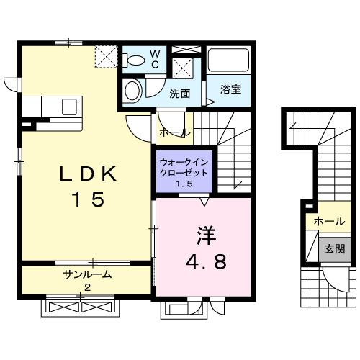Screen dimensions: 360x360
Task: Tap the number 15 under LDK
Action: click(x=89, y=199)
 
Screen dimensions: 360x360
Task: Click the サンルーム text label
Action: click(x=87, y=274)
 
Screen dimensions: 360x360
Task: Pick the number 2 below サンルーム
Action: click(x=87, y=287)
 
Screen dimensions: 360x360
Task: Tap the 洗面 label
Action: click(x=180, y=94)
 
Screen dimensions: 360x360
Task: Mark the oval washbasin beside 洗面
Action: click(x=132, y=91)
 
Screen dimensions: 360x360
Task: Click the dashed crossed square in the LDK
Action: click(x=106, y=55)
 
